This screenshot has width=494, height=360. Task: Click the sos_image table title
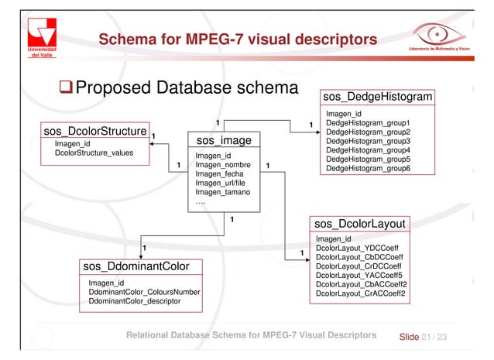click(224, 142)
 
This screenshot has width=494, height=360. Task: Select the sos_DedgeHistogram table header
click(377, 98)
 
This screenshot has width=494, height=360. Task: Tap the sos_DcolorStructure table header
click(94, 132)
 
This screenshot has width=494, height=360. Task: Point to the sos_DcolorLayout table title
click(360, 225)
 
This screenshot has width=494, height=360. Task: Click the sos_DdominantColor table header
click(138, 267)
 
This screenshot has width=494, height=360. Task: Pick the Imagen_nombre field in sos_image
click(224, 165)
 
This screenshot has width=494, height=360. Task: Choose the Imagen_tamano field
click(223, 192)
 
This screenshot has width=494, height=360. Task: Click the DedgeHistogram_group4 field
click(367, 150)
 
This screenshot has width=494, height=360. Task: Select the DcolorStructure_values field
click(94, 153)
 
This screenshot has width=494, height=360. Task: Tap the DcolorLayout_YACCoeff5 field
click(359, 276)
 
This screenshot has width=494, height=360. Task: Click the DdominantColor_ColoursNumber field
click(144, 292)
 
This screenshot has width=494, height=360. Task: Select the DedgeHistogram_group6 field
click(367, 169)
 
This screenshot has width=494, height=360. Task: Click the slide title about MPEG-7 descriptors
click(237, 39)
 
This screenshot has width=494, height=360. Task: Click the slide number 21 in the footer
click(429, 336)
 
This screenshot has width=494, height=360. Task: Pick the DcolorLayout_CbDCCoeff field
click(358, 257)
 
